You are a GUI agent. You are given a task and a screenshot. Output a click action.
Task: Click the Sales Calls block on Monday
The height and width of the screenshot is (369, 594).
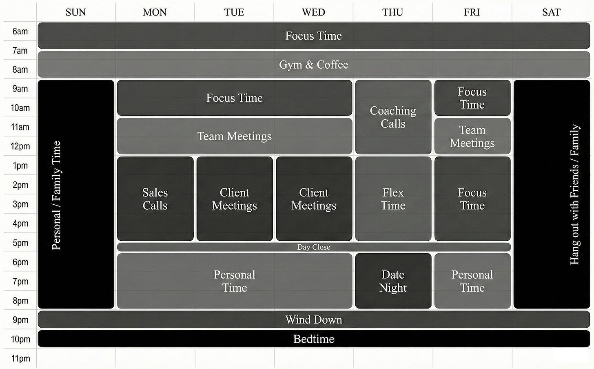(155, 199)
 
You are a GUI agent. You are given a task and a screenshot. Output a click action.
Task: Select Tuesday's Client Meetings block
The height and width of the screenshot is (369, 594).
(235, 199)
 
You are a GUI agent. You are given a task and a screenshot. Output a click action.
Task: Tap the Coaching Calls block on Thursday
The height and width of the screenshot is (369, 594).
(393, 117)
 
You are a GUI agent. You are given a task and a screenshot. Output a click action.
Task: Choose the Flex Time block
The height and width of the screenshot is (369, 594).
(393, 199)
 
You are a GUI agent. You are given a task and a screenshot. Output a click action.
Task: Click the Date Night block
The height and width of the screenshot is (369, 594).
(393, 281)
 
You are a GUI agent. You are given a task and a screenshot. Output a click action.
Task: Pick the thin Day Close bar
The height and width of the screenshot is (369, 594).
(313, 247)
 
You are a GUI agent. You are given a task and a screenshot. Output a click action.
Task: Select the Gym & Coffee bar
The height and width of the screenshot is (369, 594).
(313, 65)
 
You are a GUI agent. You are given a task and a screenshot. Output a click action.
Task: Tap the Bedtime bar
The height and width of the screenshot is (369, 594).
(313, 339)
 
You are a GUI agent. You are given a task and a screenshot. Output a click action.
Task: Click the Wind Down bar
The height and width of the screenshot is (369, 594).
(313, 320)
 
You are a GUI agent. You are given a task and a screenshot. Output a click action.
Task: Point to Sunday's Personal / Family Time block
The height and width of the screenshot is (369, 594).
(76, 195)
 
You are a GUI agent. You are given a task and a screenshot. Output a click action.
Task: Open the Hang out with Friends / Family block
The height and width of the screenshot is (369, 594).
(552, 195)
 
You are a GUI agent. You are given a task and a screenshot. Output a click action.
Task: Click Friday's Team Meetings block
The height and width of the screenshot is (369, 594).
(472, 136)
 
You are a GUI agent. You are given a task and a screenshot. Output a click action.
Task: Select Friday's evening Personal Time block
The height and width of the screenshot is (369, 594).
(472, 281)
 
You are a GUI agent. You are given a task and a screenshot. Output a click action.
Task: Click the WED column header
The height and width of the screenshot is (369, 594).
(313, 12)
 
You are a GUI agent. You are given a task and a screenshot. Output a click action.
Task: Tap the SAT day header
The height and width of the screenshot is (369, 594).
(551, 12)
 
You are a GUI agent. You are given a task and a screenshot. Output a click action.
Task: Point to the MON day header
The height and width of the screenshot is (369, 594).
(155, 12)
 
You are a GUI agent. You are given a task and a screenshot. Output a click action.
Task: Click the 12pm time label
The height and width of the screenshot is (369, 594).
(20, 146)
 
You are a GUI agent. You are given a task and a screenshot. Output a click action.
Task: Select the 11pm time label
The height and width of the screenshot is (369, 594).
(20, 359)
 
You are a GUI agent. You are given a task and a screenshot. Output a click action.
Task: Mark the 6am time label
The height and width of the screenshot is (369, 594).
(20, 31)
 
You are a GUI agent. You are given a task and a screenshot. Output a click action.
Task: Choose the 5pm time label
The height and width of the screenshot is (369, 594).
(20, 243)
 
